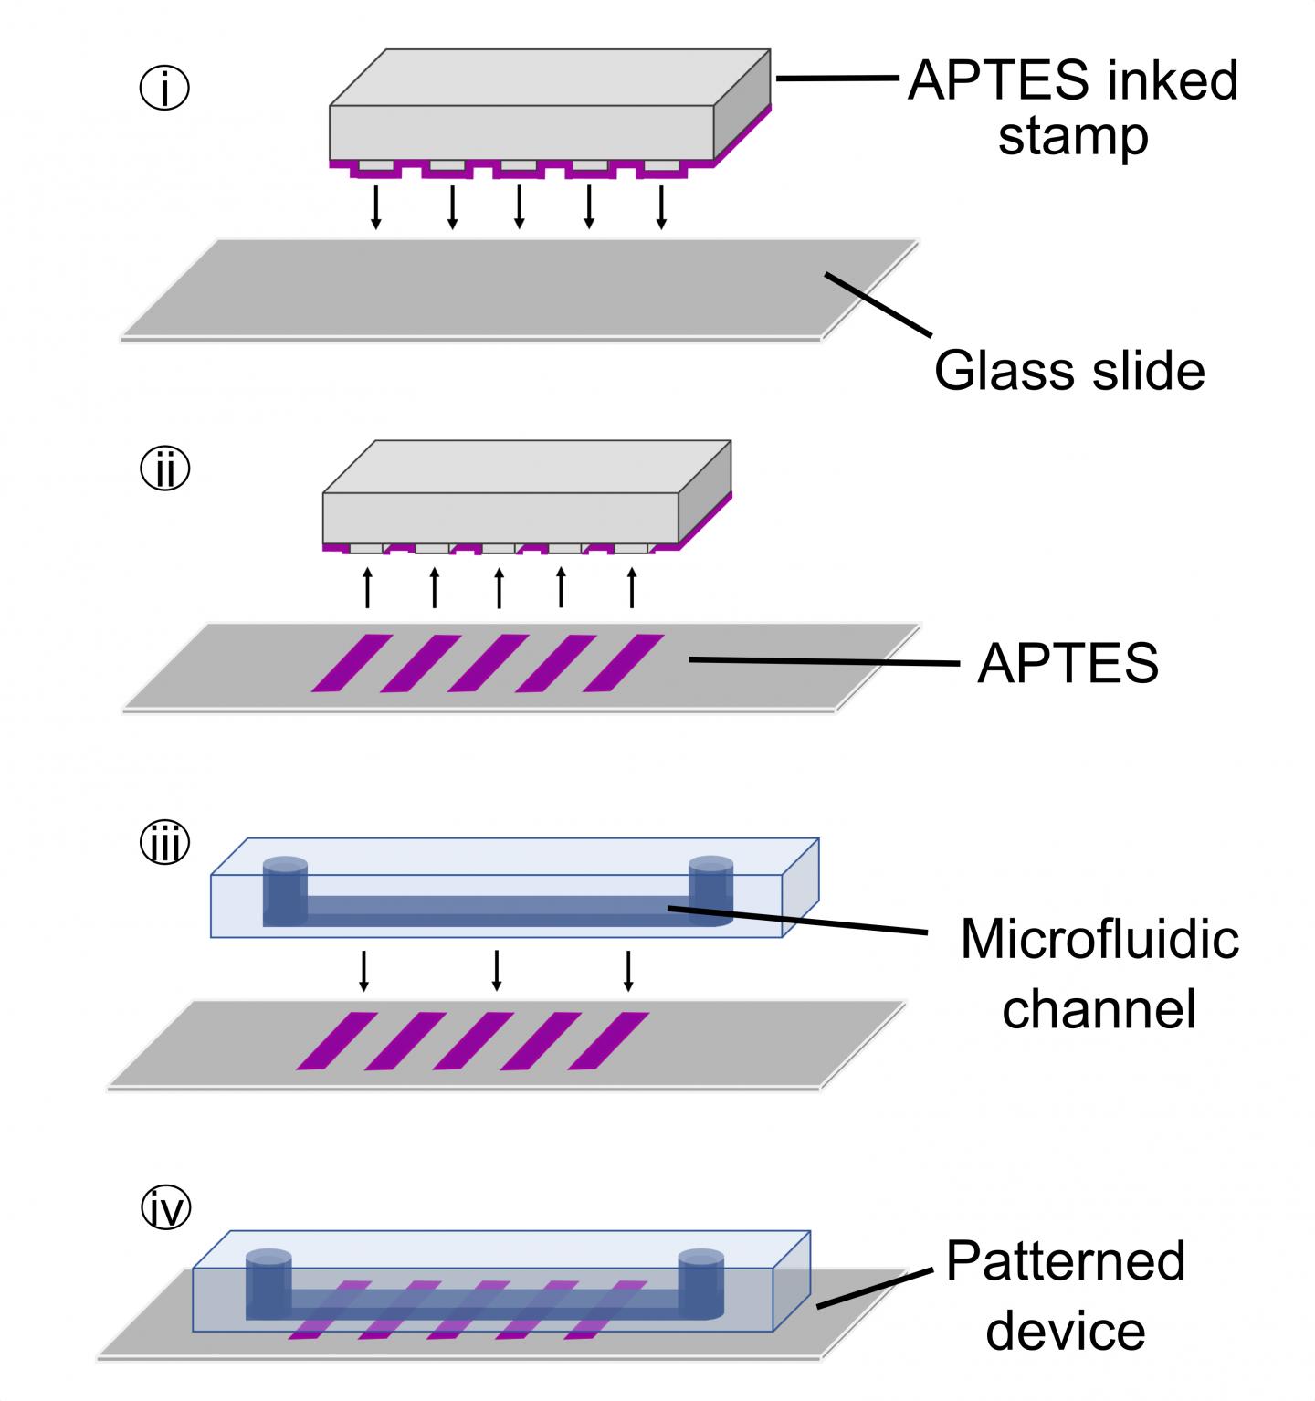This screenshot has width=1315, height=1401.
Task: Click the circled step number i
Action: click(x=164, y=90)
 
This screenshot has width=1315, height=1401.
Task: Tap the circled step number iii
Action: click(x=164, y=844)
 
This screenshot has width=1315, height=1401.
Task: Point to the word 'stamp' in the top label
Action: click(x=1073, y=137)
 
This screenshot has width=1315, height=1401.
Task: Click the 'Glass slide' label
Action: click(x=1069, y=371)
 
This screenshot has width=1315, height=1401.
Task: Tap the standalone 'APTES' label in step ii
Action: click(x=1068, y=663)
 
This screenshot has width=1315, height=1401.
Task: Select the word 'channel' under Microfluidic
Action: click(x=1099, y=1009)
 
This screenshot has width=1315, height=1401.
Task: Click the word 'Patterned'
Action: click(x=1065, y=1261)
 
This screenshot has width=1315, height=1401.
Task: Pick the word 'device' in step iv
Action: click(x=1065, y=1331)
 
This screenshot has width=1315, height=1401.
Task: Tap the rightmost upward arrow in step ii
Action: click(x=631, y=586)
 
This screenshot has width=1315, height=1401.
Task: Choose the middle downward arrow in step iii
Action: click(x=497, y=970)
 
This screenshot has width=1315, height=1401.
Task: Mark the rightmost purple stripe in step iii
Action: click(x=609, y=1040)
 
